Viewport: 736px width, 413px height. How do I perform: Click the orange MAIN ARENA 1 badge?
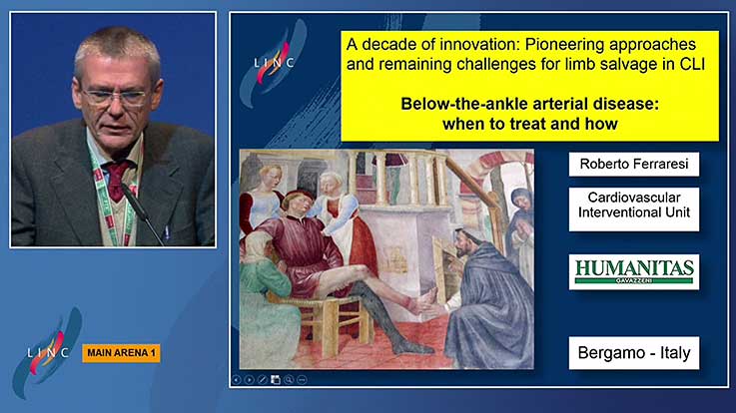click(121, 353)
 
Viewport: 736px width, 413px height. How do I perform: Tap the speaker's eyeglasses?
click(115, 98)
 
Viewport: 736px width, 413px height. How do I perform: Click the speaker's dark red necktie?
click(117, 181)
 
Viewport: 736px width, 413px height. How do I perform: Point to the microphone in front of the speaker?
click(142, 213)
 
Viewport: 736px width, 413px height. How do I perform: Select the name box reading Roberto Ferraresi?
click(634, 164)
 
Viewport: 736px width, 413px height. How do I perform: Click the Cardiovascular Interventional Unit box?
click(634, 209)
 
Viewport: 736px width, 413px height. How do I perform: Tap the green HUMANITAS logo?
click(634, 272)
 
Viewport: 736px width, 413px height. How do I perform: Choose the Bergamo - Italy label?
click(634, 353)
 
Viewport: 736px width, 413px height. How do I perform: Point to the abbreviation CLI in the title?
click(692, 64)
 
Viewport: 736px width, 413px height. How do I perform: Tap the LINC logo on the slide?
click(274, 62)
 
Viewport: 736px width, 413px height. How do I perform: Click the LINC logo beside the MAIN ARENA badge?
click(48, 352)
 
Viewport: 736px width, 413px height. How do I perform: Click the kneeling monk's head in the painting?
click(464, 242)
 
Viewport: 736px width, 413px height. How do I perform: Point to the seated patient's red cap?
click(298, 196)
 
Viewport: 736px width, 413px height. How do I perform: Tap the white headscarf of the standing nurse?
click(331, 180)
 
